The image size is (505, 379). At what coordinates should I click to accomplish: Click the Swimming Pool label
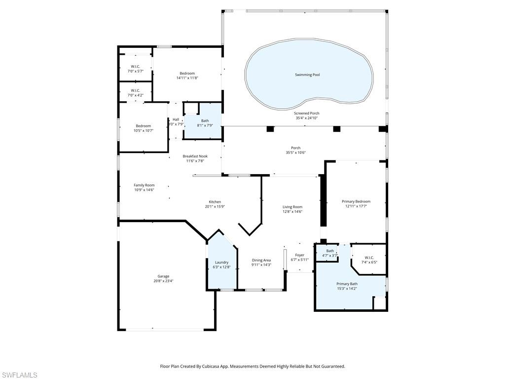(x=307, y=75)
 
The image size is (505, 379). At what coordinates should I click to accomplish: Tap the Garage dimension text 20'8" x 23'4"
(x=163, y=281)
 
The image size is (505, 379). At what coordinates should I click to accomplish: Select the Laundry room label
(x=221, y=262)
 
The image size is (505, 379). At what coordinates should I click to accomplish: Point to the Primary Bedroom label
(x=356, y=201)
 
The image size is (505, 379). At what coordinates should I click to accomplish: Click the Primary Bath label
(x=347, y=284)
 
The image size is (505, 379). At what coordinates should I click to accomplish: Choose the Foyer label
(x=299, y=255)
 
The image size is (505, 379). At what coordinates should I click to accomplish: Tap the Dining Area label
(x=261, y=260)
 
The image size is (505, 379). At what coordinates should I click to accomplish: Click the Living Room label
(x=292, y=207)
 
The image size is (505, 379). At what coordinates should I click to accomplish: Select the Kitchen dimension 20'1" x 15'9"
(x=215, y=207)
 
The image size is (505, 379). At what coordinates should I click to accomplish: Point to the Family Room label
(x=144, y=185)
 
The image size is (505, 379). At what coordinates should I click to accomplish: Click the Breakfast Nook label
(x=195, y=156)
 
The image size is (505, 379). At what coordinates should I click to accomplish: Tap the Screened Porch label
(x=307, y=113)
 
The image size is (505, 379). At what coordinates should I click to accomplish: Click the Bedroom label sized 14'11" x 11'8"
(x=187, y=74)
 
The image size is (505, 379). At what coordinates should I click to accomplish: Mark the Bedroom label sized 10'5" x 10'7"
(x=144, y=126)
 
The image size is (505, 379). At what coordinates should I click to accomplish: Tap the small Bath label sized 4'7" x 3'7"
(x=329, y=251)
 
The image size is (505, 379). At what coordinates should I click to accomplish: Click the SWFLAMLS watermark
(x=19, y=375)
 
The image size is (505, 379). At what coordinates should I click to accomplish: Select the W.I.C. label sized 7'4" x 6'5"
(x=369, y=258)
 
